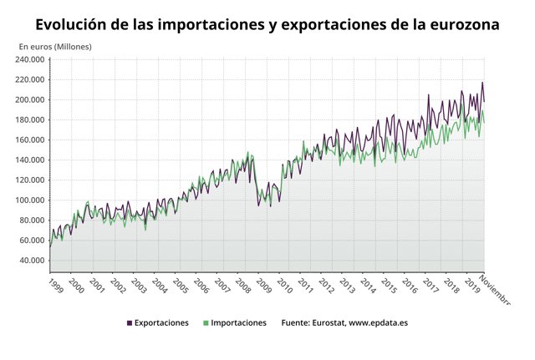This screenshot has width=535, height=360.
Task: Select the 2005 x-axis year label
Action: click(180, 285)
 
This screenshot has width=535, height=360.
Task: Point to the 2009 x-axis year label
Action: click(263, 285)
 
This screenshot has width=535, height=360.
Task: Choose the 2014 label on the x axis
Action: click(368, 285)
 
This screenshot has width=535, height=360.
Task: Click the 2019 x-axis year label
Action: click(472, 285)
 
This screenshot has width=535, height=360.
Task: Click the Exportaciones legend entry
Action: click(161, 322)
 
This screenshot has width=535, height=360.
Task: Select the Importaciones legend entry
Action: click(239, 322)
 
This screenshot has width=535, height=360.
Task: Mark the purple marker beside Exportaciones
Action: click(129, 322)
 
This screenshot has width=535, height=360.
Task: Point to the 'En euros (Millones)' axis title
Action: click(55, 47)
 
